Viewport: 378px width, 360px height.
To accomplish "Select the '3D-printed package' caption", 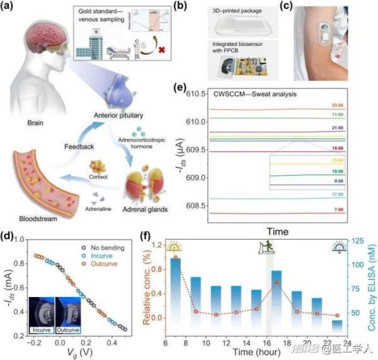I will [x=240, y=8].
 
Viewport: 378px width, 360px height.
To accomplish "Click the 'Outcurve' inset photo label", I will [x=70, y=330].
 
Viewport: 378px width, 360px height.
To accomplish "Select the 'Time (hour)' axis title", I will [x=256, y=351].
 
